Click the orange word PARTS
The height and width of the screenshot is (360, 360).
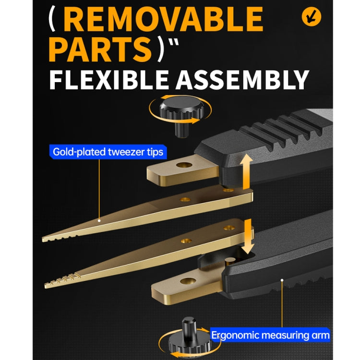click(x=100, y=49)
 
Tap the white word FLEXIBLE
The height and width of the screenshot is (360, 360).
click(x=109, y=79)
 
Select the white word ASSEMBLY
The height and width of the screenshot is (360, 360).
click(x=242, y=79)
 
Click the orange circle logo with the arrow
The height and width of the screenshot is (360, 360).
click(x=312, y=17)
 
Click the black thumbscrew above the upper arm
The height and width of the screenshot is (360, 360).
click(x=182, y=116)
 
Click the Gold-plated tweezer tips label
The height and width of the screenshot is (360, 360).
click(x=108, y=152)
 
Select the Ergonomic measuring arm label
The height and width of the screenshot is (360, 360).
click(x=270, y=335)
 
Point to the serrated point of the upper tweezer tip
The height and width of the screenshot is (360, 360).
click(x=43, y=240)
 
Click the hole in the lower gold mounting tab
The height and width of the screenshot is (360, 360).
click(x=188, y=281)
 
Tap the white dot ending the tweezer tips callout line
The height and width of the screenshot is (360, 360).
click(x=99, y=221)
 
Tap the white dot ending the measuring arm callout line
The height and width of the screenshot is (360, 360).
click(x=282, y=280)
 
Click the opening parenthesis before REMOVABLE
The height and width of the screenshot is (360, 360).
click(x=52, y=19)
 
